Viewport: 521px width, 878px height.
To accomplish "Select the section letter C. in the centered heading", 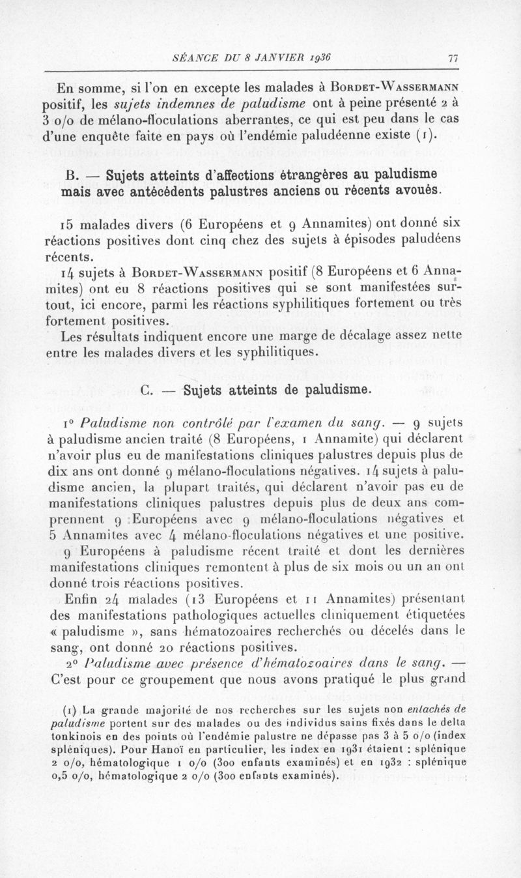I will click(x=147, y=390).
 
